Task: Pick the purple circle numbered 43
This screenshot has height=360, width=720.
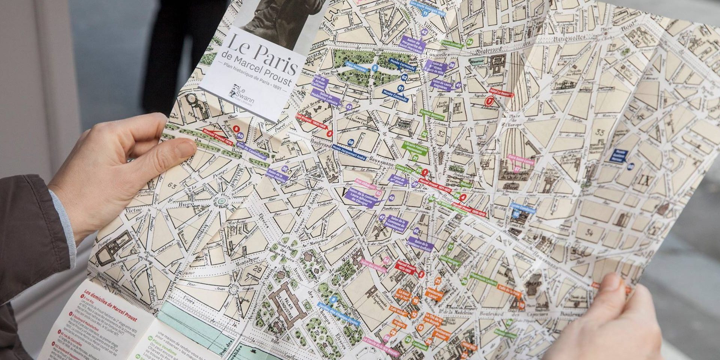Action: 349,107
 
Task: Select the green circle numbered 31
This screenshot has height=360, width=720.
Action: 415,158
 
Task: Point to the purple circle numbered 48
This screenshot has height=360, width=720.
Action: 391,198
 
